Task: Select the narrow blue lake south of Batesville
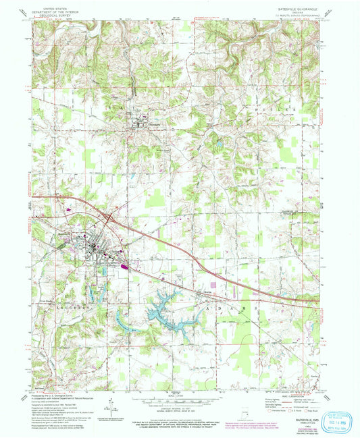[95, 292]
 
